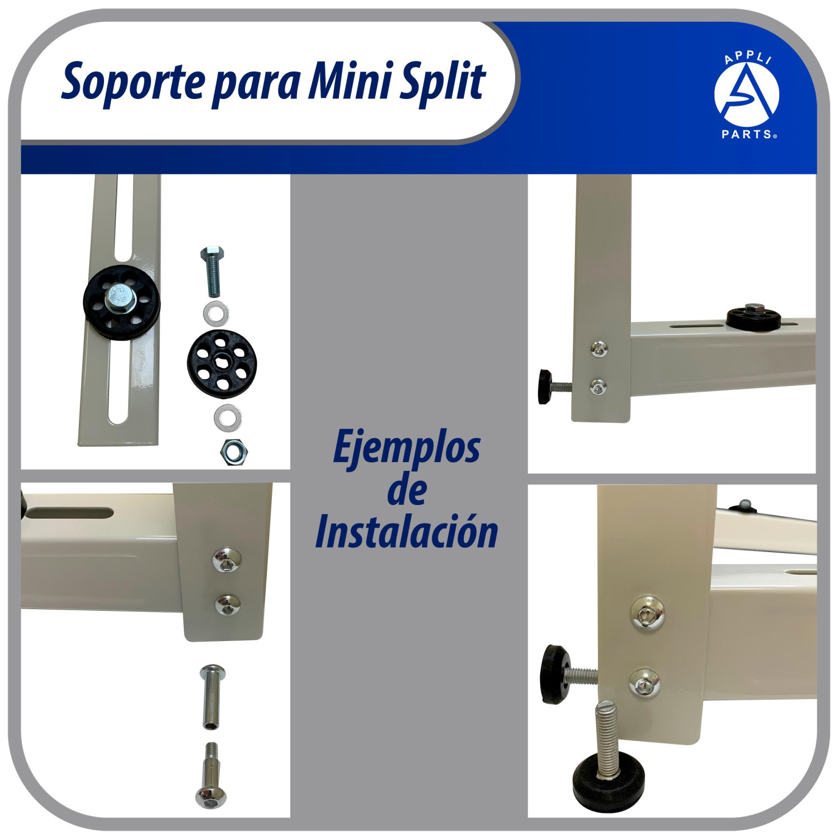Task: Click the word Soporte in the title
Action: [x=133, y=82]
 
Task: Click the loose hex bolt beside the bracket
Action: [x=213, y=271]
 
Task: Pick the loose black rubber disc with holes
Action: [x=221, y=364]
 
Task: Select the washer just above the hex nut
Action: [x=228, y=417]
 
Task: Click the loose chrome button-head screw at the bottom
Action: [x=211, y=775]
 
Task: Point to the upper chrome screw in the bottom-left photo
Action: [x=227, y=560]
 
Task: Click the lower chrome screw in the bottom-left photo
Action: [x=228, y=604]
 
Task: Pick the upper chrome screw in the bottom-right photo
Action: [x=648, y=613]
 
